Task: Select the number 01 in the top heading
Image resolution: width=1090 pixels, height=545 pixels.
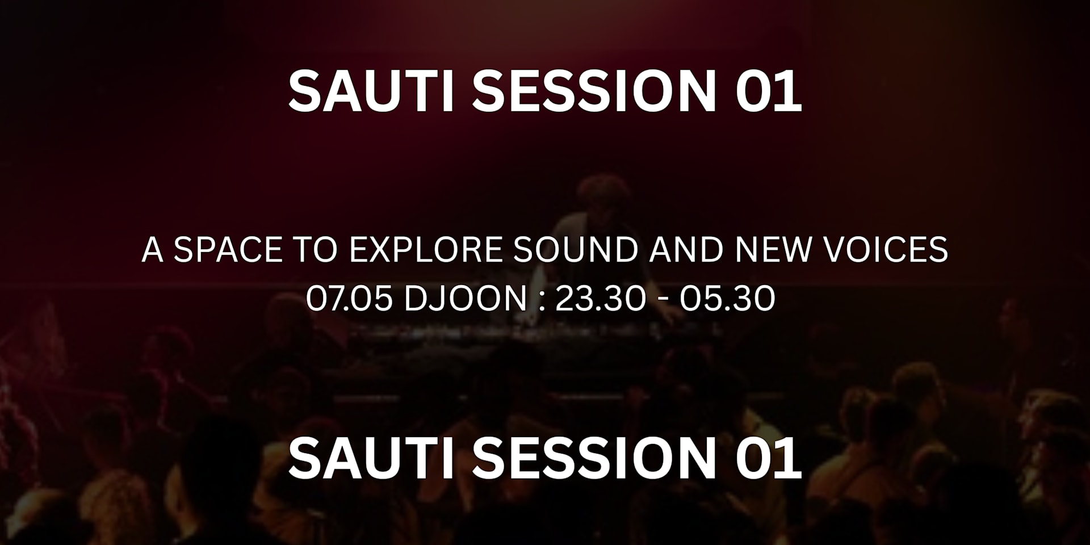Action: [768, 91]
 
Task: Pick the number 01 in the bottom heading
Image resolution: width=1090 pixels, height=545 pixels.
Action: [768, 459]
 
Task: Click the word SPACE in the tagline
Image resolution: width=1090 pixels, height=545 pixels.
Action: [228, 249]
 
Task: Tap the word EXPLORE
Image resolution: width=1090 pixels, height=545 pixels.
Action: [426, 249]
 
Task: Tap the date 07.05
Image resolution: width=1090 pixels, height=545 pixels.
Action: [349, 298]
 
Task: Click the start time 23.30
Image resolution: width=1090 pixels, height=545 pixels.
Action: [600, 298]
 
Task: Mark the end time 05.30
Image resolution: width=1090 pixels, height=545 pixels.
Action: [727, 298]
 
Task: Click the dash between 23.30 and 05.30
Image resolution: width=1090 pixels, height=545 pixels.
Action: [663, 299]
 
